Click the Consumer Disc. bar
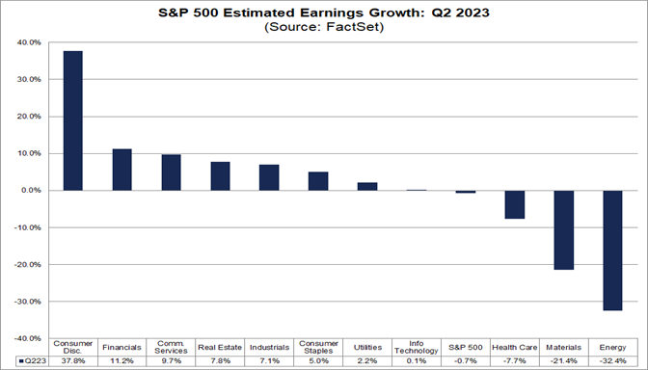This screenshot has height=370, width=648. [x=72, y=120]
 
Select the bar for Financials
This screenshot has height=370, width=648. [x=121, y=170]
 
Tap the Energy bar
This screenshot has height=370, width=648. [x=612, y=251]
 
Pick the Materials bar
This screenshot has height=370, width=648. [x=563, y=230]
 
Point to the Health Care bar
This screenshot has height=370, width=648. [x=514, y=204]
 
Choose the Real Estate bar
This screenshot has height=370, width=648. [x=220, y=176]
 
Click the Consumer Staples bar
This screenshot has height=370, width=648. [x=318, y=181]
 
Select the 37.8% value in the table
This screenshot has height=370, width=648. [x=72, y=360]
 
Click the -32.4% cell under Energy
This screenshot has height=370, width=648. [x=612, y=360]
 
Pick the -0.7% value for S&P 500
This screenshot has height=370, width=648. [x=465, y=360]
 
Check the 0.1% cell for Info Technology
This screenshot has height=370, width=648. [x=416, y=360]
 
